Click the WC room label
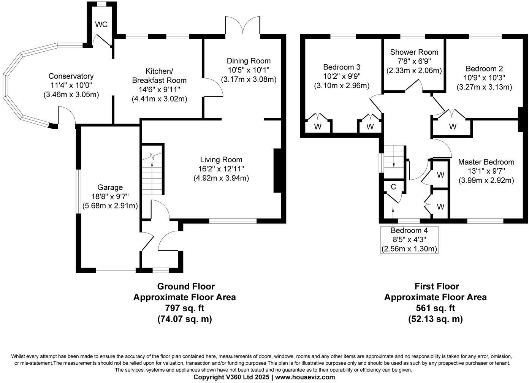[101, 25]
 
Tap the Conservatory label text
[71, 76]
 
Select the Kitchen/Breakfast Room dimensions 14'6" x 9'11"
[159, 90]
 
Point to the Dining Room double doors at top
[243, 25]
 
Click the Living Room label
[221, 160]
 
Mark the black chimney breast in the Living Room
[277, 171]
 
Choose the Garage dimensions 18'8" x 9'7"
[110, 196]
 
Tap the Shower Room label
[414, 52]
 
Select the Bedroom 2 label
[484, 69]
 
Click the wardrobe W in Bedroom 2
[452, 127]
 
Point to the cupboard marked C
[393, 187]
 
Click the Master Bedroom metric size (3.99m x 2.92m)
[486, 180]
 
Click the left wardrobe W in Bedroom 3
[318, 127]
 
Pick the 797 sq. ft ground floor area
[184, 308]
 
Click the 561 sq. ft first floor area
[435, 308]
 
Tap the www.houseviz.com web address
[305, 377]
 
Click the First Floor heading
[436, 286]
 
